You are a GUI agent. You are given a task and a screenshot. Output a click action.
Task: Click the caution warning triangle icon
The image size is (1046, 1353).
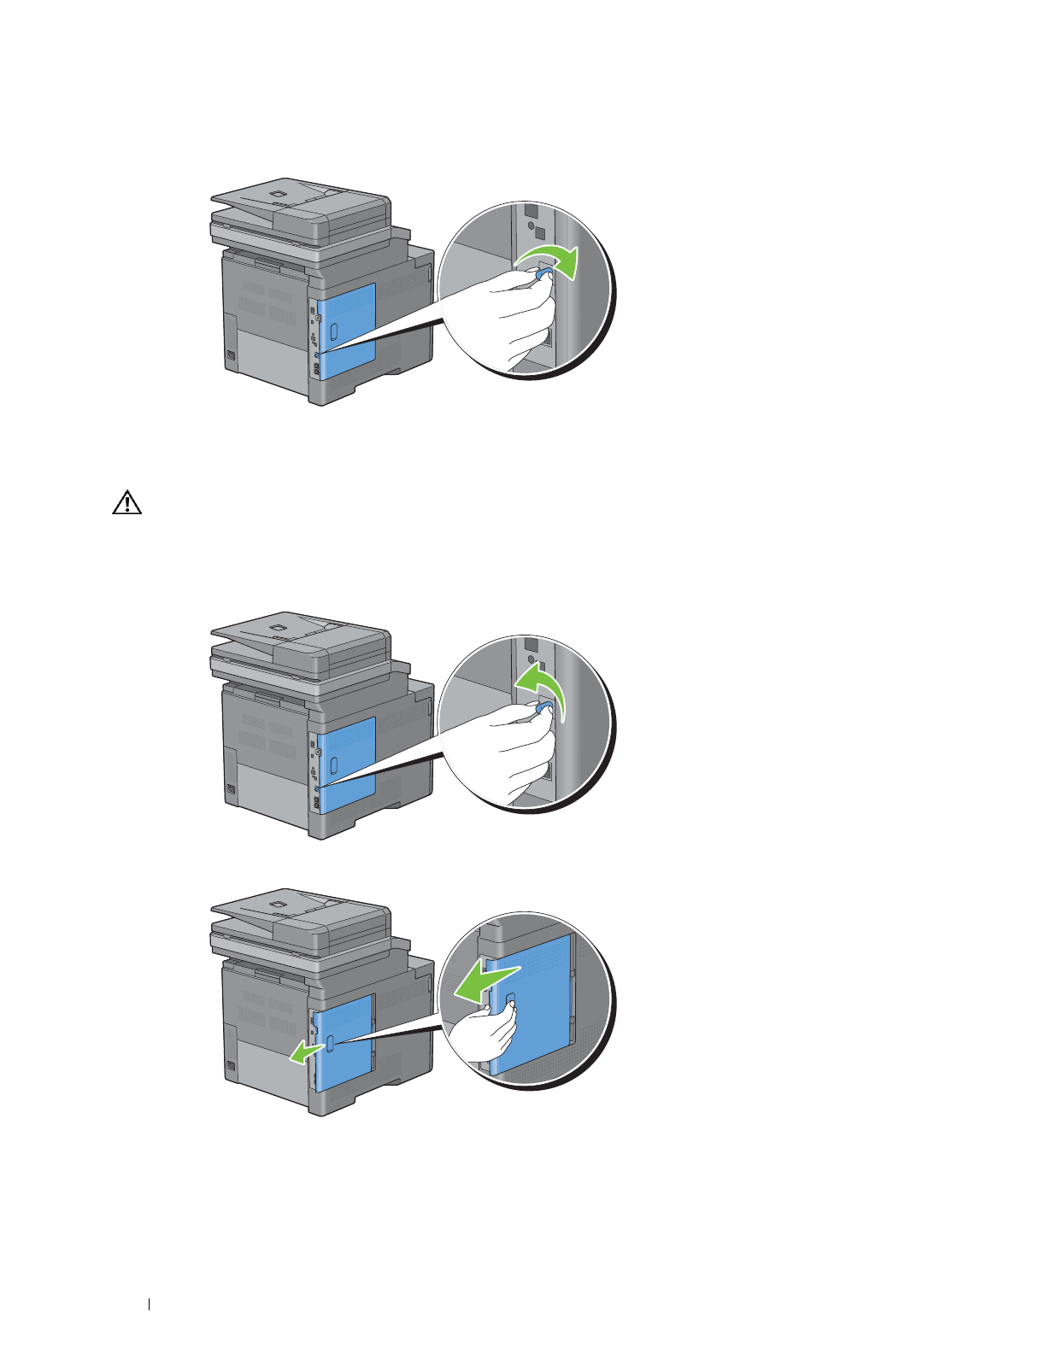(x=127, y=503)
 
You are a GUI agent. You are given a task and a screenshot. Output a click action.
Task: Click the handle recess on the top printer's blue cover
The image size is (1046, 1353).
(x=334, y=329)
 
